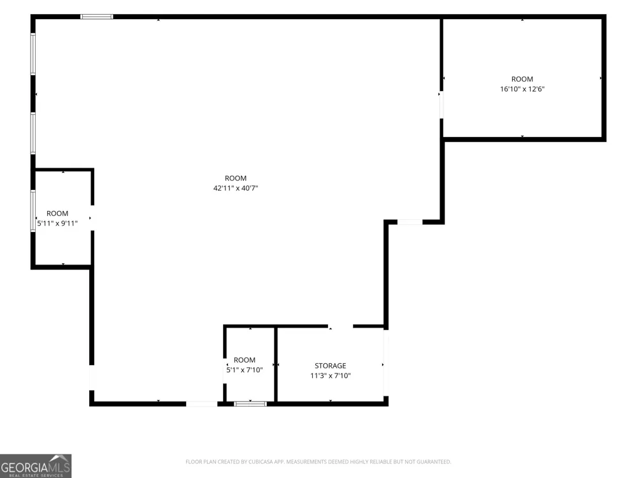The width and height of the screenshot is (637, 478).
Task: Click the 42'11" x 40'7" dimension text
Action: coord(236,188)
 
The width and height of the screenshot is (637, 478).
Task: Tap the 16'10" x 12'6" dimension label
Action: coord(522,89)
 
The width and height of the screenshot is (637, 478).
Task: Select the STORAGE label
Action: coord(330,366)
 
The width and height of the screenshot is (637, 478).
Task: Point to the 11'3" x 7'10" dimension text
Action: coord(330,375)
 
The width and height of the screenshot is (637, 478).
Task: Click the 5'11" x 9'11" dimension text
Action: coord(57,223)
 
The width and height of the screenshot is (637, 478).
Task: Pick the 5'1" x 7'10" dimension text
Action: coord(245,370)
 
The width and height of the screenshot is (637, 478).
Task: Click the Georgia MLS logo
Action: coord(36,466)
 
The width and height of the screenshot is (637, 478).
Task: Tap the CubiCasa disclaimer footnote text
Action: coord(318,461)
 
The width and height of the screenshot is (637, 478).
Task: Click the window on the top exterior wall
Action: coord(97,17)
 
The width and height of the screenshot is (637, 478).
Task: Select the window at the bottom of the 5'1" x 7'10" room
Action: coord(250,403)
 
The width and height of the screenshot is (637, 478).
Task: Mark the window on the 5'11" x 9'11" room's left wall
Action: coord(33,211)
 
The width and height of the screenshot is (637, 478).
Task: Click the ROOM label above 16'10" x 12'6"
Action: coord(522,79)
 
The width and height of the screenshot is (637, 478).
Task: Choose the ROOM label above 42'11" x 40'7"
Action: coord(236,178)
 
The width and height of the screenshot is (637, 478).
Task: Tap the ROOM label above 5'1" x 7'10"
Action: coord(245,360)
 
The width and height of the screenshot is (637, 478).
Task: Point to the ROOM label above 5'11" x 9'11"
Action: coord(57,214)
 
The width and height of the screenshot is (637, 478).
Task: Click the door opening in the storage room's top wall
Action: coord(340,326)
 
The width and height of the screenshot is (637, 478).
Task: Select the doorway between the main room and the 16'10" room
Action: coord(441,105)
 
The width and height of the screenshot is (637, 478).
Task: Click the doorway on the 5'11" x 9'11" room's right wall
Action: coord(92,218)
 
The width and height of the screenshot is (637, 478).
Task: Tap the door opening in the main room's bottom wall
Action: coord(202,403)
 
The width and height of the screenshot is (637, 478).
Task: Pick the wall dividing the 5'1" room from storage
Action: coord(275,365)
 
